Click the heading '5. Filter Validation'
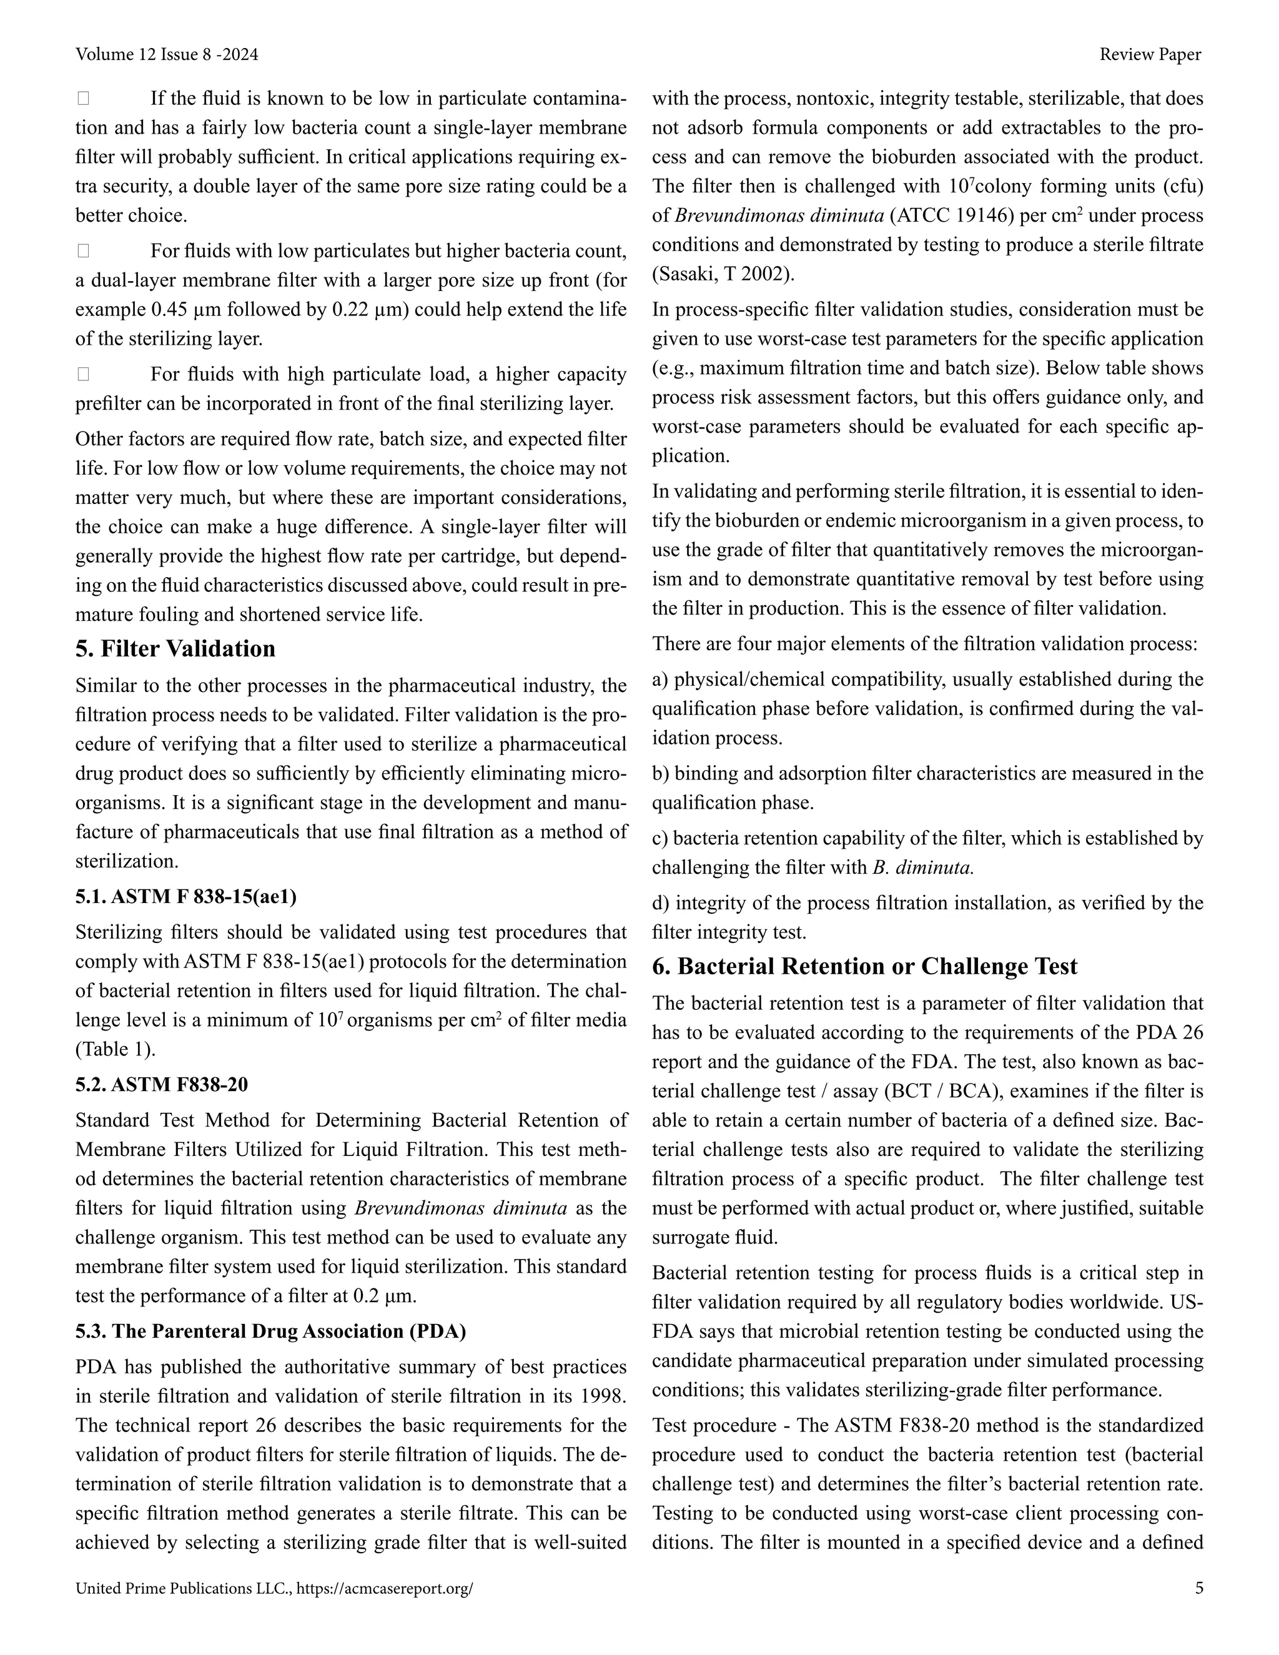(x=175, y=649)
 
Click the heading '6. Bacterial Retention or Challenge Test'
(x=864, y=966)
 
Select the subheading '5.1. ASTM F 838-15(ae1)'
(x=185, y=896)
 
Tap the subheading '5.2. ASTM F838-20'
(x=161, y=1084)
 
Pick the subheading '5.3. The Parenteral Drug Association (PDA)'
(x=270, y=1331)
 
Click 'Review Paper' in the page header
(x=1150, y=54)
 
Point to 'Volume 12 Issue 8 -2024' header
(x=167, y=54)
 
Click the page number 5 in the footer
(x=1198, y=1588)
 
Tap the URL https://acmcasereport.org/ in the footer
(x=385, y=1588)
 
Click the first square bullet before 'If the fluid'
(x=83, y=99)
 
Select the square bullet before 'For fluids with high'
(x=83, y=374)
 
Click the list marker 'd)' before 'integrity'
(x=661, y=903)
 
